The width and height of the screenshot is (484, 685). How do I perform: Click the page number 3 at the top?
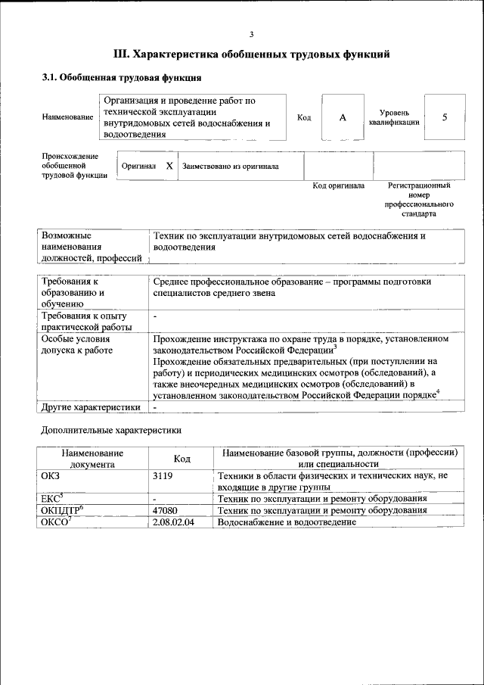tap(251, 34)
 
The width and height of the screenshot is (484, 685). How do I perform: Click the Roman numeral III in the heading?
tap(121, 54)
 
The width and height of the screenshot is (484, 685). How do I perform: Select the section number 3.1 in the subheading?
tap(48, 77)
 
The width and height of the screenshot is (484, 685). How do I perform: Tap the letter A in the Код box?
tap(342, 117)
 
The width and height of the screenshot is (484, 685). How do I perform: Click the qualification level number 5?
tap(444, 117)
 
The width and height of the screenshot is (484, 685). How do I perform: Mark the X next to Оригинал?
tap(169, 166)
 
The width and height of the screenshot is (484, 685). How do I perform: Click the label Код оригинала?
tap(338, 185)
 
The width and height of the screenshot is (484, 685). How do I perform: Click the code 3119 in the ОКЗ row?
tap(163, 475)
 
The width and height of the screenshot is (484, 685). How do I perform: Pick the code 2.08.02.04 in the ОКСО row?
tap(172, 523)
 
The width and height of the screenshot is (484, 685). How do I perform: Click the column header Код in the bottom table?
tap(181, 459)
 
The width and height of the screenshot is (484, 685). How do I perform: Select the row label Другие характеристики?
tap(91, 407)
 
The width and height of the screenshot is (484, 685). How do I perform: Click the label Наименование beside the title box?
tap(68, 118)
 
